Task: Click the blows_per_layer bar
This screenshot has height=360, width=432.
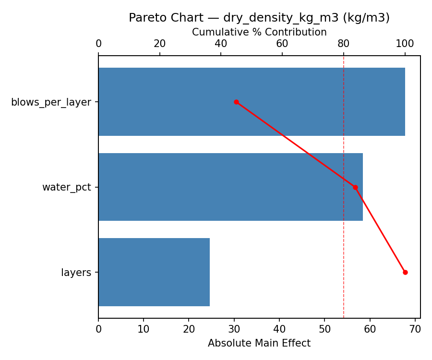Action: pos(252,102)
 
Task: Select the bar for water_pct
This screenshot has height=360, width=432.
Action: pos(230,187)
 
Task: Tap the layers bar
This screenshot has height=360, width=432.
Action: pos(154,272)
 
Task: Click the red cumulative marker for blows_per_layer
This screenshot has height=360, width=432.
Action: pos(236,102)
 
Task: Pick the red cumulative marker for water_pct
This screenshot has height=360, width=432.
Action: pos(355,187)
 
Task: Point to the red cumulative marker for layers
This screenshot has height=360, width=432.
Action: pos(405,272)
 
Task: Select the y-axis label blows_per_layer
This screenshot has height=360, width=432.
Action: pos(51,102)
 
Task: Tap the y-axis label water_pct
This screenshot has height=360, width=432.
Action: pos(66,188)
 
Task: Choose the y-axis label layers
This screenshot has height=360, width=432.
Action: pos(76,273)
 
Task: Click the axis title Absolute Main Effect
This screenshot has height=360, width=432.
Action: pos(259,344)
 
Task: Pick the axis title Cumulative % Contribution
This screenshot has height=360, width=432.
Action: pos(259,32)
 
